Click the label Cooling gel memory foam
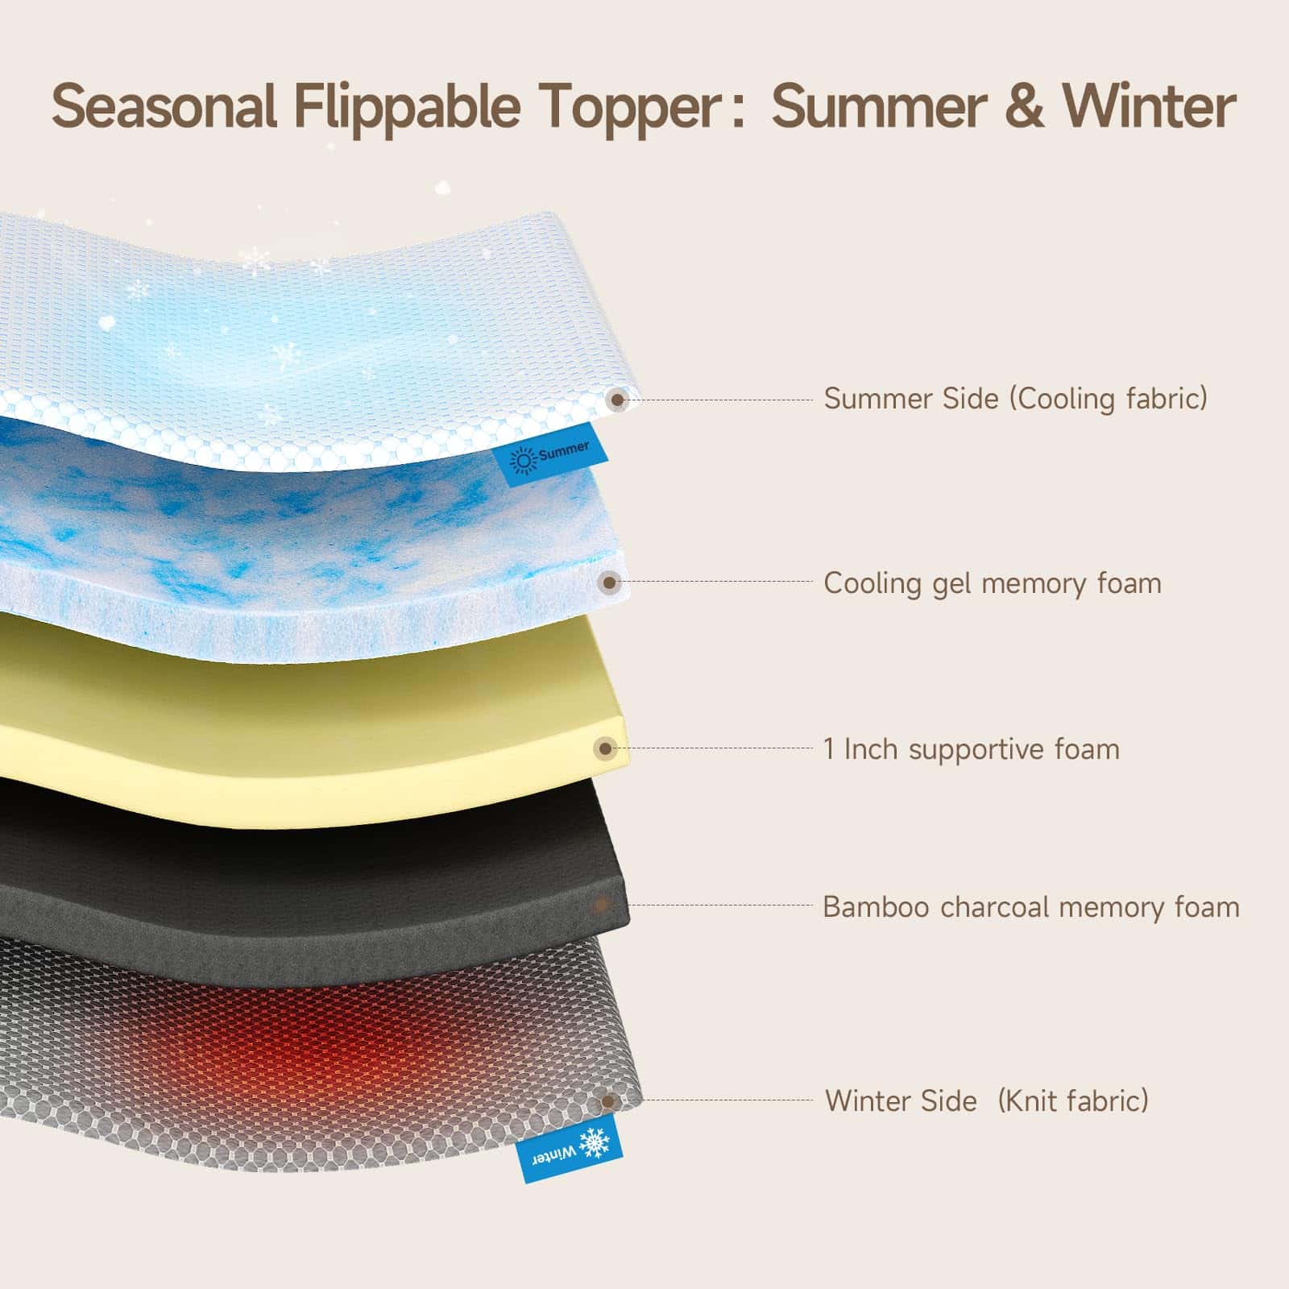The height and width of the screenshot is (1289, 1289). [993, 582]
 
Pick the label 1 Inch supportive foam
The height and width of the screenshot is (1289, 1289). [972, 749]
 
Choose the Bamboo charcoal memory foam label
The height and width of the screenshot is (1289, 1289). [1031, 907]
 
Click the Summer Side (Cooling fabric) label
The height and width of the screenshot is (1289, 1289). [1016, 398]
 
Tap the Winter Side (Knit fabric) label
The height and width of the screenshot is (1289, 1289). [987, 1100]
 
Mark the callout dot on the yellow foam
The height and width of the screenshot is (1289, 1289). [606, 748]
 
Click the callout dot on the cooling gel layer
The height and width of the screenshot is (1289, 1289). [611, 582]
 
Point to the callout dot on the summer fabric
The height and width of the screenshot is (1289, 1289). [618, 399]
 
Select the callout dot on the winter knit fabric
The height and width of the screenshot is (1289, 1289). [609, 1100]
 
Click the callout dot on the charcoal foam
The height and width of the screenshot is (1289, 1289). [600, 906]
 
